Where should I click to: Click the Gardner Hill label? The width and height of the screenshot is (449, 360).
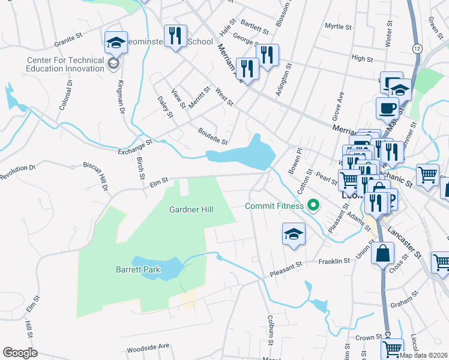click(x=192, y=209)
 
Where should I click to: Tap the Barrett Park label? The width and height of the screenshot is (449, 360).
click(x=138, y=269)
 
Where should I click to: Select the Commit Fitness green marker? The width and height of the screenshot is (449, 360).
click(x=313, y=206)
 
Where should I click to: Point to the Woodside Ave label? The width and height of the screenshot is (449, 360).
click(x=148, y=348)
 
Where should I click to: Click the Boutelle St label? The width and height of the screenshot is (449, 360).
click(x=213, y=137)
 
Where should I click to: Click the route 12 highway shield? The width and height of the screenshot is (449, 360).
click(x=417, y=47)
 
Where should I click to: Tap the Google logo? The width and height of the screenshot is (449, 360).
click(x=20, y=353)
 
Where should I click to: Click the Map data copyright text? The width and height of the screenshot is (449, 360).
click(x=424, y=355)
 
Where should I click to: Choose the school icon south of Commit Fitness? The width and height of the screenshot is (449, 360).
click(x=294, y=234)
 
